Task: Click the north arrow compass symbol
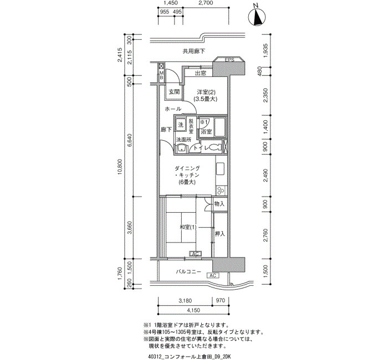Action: point(257,17)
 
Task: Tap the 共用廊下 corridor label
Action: point(194,52)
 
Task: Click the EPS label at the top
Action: point(229,60)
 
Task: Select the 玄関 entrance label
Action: point(174,92)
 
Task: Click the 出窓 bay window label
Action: point(201,73)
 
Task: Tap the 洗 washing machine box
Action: point(181,124)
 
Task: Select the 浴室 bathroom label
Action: point(206,132)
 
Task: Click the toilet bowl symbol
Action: point(214,147)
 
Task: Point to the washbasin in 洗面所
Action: point(182,148)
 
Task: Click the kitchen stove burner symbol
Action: point(221,191)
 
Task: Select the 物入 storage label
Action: point(219,204)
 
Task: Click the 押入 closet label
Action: point(219,234)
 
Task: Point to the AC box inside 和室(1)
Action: point(195,254)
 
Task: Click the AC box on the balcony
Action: point(212,275)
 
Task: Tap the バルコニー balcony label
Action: point(188,272)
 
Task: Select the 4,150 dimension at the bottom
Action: point(193,310)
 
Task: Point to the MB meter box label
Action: point(161,75)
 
